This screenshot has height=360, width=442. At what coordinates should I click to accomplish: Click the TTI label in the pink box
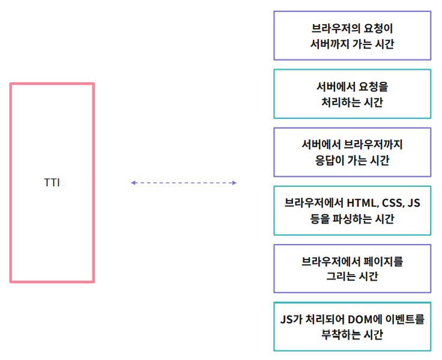52,183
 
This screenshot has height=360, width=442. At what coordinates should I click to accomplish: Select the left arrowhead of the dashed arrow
133,183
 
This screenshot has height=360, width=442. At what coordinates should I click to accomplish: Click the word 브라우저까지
374,145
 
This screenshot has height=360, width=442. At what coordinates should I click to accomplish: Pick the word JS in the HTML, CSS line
414,203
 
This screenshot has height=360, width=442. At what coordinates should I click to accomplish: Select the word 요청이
378,28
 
